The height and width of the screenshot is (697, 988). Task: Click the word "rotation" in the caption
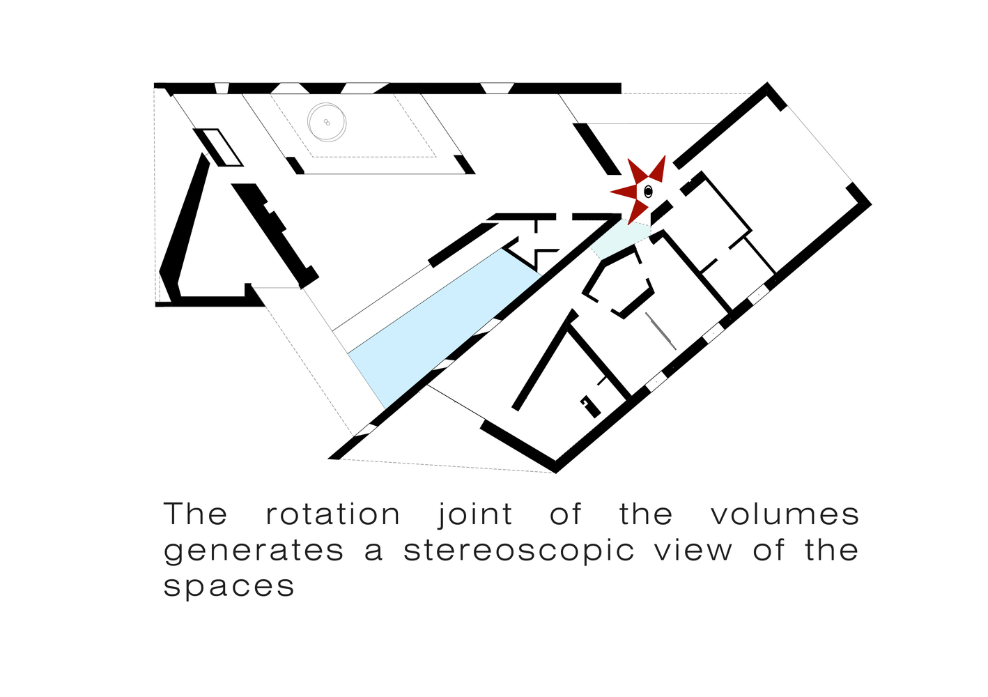click(x=333, y=515)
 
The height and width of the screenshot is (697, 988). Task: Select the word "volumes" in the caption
click(x=785, y=514)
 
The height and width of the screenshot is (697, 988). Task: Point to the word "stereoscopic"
click(x=519, y=551)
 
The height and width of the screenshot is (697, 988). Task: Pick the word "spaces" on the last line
click(x=229, y=587)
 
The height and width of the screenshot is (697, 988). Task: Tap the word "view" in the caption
click(x=693, y=550)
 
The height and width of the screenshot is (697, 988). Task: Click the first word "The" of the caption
click(x=196, y=514)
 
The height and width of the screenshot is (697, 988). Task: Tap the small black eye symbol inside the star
click(x=648, y=191)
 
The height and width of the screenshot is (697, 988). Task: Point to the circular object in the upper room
click(x=327, y=123)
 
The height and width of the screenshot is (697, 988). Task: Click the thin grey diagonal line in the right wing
click(x=661, y=330)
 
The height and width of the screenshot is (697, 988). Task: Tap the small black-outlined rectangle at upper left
click(x=218, y=147)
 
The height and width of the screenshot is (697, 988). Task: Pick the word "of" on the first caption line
click(x=565, y=514)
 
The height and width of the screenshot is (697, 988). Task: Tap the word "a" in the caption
click(x=373, y=551)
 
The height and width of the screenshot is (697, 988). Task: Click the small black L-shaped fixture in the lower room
click(x=590, y=406)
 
